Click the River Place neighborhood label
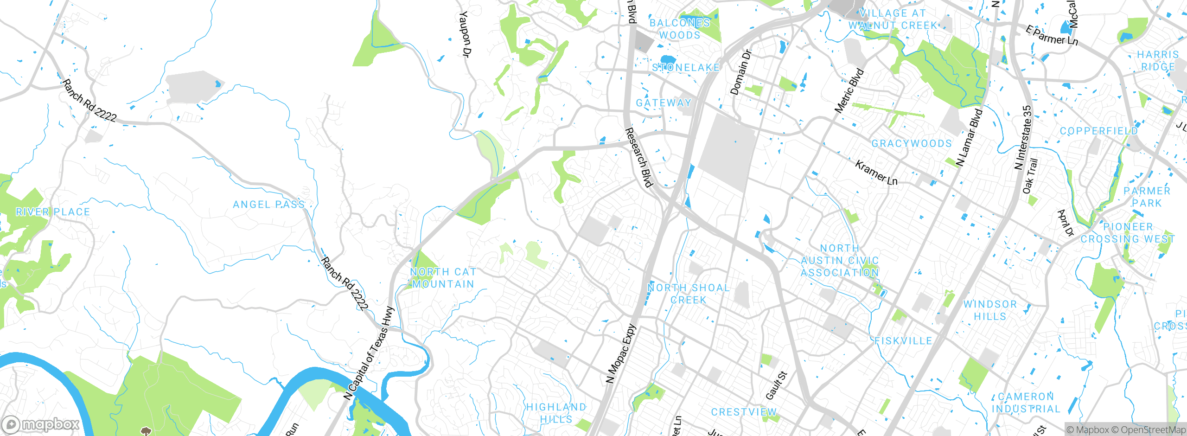tap(53, 212)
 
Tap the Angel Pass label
tap(268, 205)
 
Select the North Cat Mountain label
tap(443, 278)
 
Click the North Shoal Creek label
tap(689, 294)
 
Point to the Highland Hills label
tap(556, 413)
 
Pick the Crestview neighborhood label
tap(744, 412)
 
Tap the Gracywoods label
tap(912, 143)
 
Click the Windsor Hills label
tap(990, 310)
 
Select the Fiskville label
tap(903, 341)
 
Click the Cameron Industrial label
tap(1026, 403)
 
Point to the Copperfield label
tap(1099, 131)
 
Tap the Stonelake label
tap(686, 68)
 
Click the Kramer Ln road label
tap(876, 173)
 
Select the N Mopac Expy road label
tap(621, 354)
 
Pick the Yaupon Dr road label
tap(465, 35)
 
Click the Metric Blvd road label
tap(849, 91)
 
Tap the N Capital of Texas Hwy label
tap(369, 353)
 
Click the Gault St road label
tap(776, 385)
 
